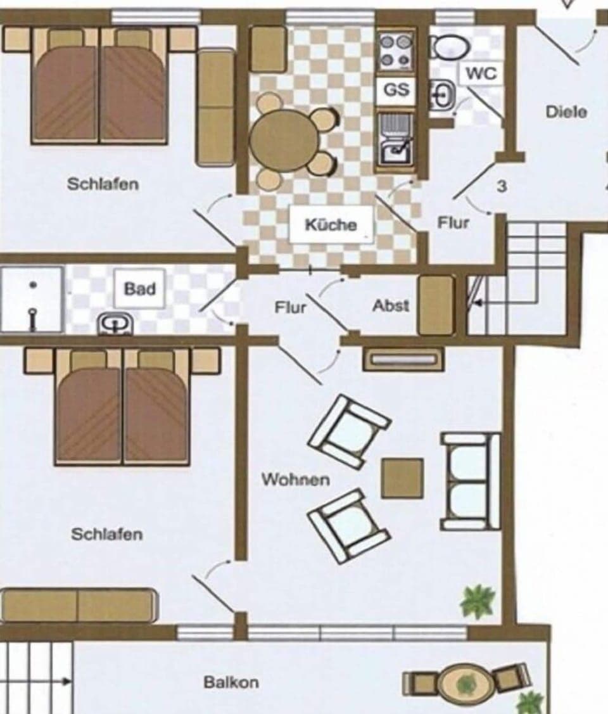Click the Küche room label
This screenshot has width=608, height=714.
(331, 224)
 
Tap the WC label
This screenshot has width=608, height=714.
(481, 73)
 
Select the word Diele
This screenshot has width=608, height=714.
(566, 112)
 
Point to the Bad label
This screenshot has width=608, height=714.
(139, 289)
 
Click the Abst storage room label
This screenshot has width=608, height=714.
(391, 305)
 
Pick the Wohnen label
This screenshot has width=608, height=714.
(296, 479)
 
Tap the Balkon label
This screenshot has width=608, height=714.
(231, 682)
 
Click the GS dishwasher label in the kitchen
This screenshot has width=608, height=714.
(397, 90)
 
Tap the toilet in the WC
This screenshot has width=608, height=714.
(450, 46)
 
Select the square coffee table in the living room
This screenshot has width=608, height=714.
(402, 478)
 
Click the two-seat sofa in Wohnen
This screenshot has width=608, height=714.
(471, 481)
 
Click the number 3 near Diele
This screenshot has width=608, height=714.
(502, 187)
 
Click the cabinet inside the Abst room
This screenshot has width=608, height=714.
(436, 305)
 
